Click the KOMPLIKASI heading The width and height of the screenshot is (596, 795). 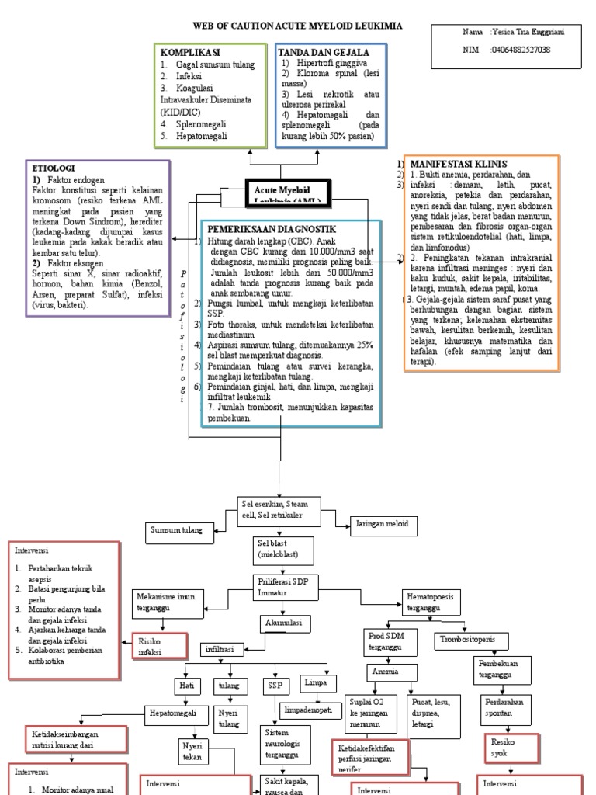point(192,51)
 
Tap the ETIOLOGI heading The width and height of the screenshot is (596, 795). point(53,167)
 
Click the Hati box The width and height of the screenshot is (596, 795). point(186,686)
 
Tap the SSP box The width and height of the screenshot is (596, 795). point(275,686)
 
